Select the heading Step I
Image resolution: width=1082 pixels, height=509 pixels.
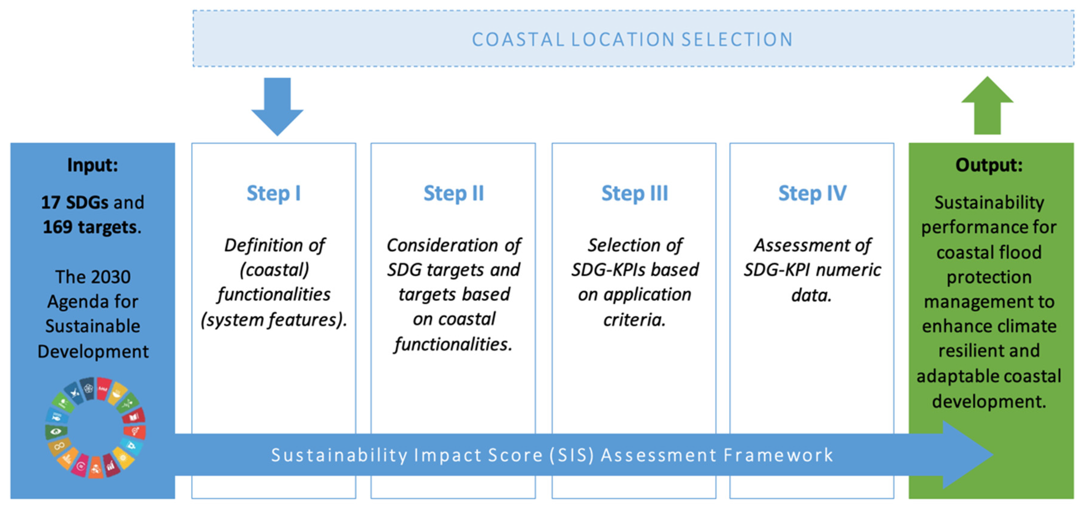(274, 193)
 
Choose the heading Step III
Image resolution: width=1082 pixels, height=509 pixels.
(634, 193)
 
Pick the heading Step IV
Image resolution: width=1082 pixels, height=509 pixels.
(812, 193)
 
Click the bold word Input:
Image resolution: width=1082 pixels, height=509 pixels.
(92, 165)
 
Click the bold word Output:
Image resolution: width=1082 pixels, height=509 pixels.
(989, 165)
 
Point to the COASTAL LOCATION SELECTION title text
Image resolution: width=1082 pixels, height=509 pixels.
(632, 39)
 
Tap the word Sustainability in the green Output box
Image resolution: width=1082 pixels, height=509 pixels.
(989, 203)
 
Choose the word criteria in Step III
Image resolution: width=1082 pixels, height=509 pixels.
(634, 320)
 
